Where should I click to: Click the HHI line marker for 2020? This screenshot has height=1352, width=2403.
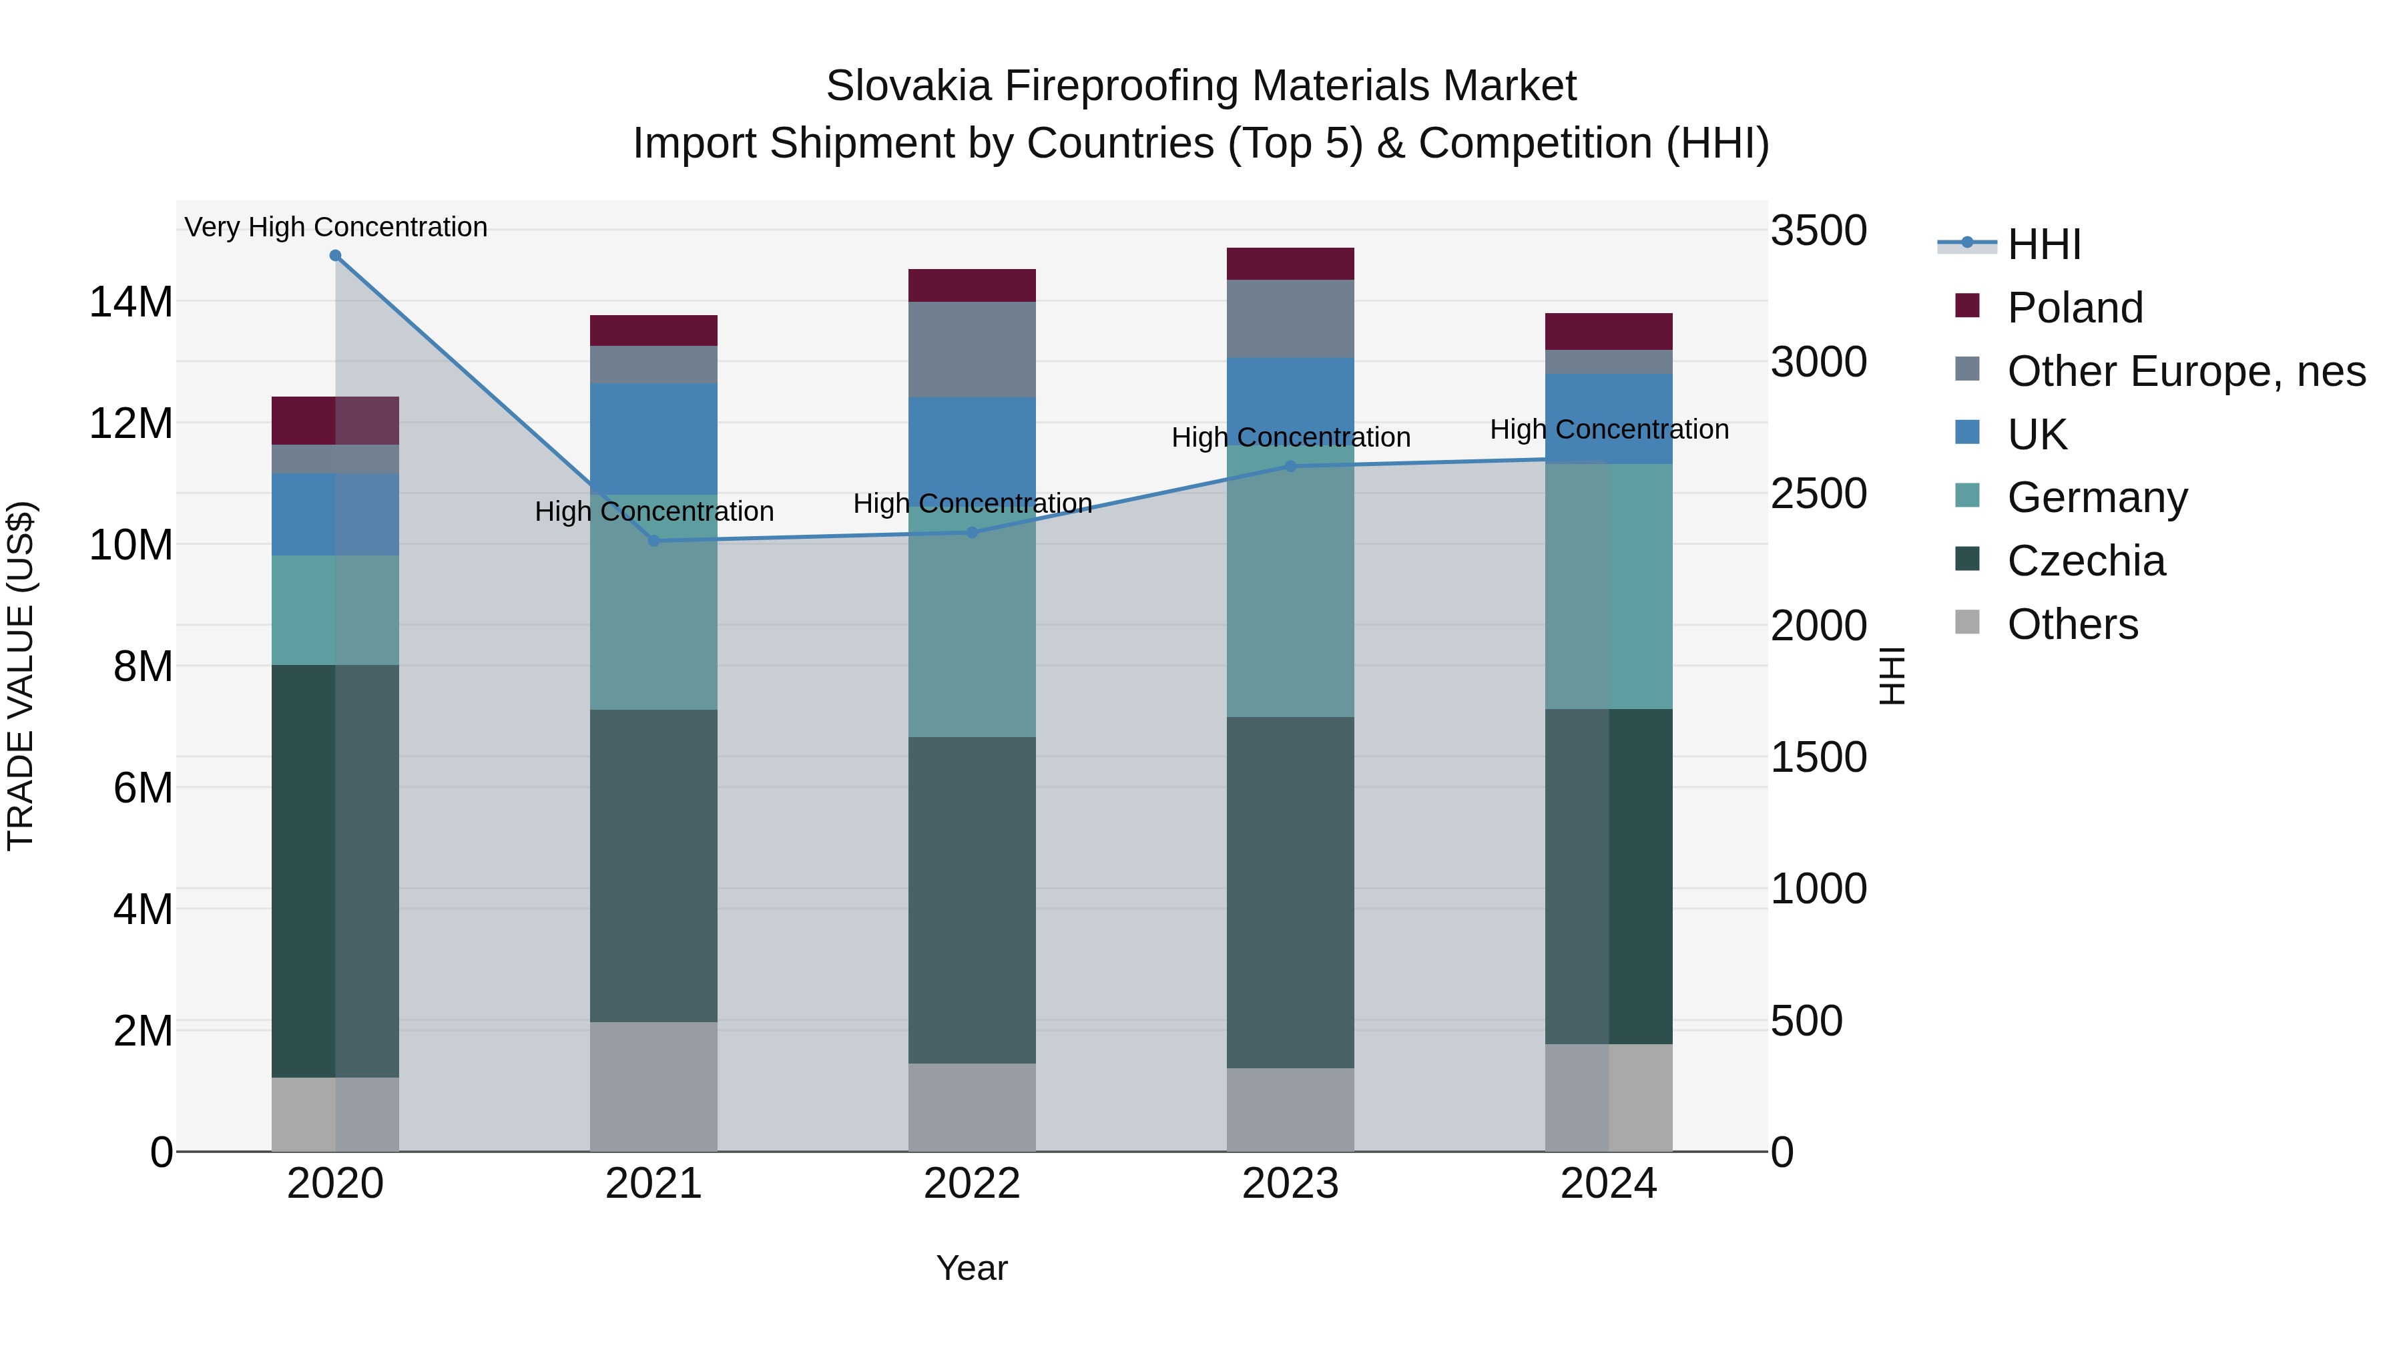coord(335,255)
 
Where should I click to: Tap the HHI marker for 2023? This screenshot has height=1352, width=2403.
coord(1290,467)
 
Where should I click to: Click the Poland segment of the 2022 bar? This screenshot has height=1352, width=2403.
coord(971,286)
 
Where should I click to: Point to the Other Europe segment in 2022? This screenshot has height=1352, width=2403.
coord(971,349)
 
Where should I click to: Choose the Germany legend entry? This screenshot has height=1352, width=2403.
coord(2097,497)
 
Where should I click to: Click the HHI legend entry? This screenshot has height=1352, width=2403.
coord(2043,244)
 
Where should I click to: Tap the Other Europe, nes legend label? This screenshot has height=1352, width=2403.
coord(2185,371)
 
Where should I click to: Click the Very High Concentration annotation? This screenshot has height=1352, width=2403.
coord(336,227)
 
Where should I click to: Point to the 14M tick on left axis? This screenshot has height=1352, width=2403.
coord(131,302)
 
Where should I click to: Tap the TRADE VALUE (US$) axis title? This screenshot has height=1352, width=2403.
coord(21,676)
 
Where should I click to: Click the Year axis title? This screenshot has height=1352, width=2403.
coord(971,1268)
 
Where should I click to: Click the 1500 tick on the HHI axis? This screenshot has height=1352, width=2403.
coord(1818,758)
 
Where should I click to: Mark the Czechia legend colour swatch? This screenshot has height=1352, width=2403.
coord(1966,559)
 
